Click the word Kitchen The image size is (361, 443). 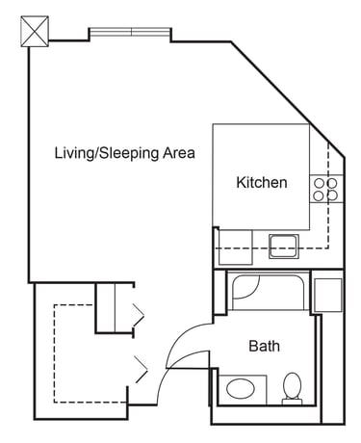coord(262,182)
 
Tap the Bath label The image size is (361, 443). coord(264,346)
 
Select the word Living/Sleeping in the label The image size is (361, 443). coord(107,153)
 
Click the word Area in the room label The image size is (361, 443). coord(179,153)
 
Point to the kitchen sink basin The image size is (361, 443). coord(284,247)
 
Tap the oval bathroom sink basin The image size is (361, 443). coord(241,389)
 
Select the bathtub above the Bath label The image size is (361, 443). coord(269,291)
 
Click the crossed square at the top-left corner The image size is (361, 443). coord(35,32)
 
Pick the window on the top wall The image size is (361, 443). coord(130,32)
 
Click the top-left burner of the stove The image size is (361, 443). coord(319,183)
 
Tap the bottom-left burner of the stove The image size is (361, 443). coord(319,195)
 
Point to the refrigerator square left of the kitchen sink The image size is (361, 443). coord(236,248)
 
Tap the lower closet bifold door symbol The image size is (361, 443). coord(142,369)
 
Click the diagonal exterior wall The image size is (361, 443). coord(288,99)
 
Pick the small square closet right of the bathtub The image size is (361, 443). coord(327,295)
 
